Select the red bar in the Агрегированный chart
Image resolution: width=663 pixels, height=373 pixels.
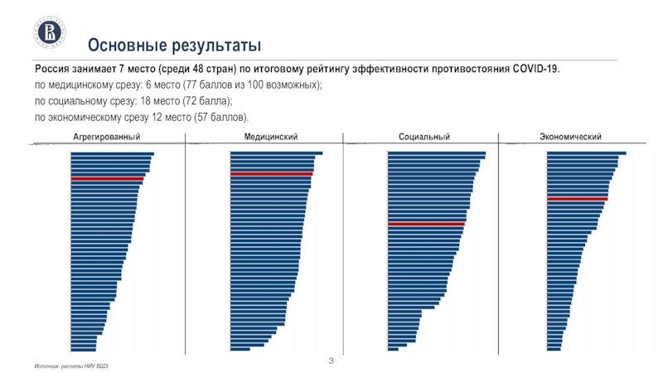(x=107, y=179)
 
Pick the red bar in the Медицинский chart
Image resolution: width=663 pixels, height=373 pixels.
(x=271, y=174)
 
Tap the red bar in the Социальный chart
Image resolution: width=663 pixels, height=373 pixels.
(x=426, y=225)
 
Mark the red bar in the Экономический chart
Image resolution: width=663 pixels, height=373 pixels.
(x=577, y=199)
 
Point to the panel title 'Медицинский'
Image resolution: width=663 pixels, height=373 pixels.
(x=271, y=136)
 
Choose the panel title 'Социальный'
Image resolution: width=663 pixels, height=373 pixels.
(x=423, y=136)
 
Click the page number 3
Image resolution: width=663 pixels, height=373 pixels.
(x=331, y=361)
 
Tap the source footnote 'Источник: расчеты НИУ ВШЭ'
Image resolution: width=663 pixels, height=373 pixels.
(x=71, y=366)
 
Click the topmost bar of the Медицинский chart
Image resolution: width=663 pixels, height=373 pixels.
(x=276, y=153)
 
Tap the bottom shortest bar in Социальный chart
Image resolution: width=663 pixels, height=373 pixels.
(x=393, y=349)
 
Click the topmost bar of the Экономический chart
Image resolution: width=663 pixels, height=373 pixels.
(x=586, y=153)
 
